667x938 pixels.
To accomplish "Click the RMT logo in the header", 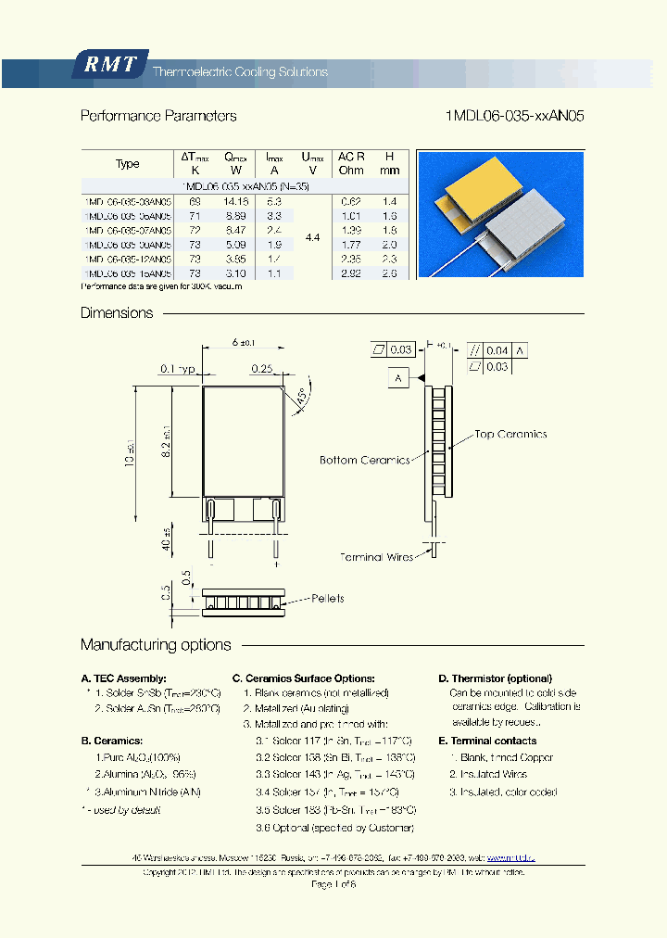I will point(110,65).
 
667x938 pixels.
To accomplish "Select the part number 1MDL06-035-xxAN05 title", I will point(514,117).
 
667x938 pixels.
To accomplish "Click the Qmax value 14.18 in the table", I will point(236,201).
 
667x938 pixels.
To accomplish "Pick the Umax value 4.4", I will point(312,238).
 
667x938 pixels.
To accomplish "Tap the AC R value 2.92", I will point(350,274).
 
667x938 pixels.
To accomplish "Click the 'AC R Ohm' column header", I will point(351,163).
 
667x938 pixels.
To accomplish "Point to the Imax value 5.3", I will point(274,201).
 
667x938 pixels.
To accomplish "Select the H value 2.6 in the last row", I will point(390,274).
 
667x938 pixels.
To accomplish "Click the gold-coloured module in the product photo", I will point(482,193).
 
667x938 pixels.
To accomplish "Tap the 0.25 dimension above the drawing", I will point(260,368).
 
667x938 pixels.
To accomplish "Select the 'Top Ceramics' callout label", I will point(510,434).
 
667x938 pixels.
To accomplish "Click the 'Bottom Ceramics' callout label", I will point(364,460).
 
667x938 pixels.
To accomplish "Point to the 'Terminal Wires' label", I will point(376,557).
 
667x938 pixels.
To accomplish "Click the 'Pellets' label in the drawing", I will point(328,599).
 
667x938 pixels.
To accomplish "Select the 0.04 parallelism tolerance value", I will point(497,350).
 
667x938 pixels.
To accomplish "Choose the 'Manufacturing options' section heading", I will point(156,645).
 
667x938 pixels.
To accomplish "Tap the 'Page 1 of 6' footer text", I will point(333,885).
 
